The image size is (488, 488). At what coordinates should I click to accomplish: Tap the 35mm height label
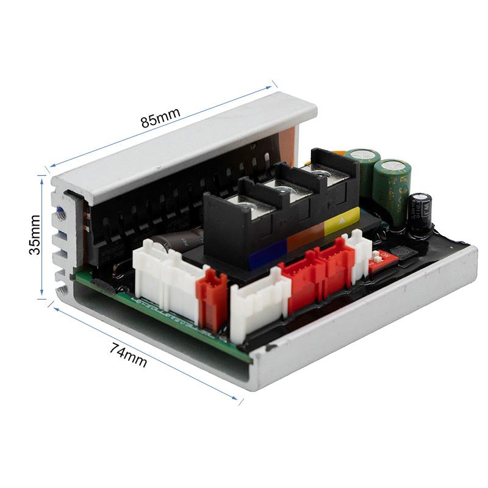pos(35,234)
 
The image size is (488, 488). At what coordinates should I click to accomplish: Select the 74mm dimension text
pos(129,354)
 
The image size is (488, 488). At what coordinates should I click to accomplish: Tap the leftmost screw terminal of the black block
pos(245,208)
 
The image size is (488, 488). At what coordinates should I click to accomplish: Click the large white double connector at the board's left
pos(165,278)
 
